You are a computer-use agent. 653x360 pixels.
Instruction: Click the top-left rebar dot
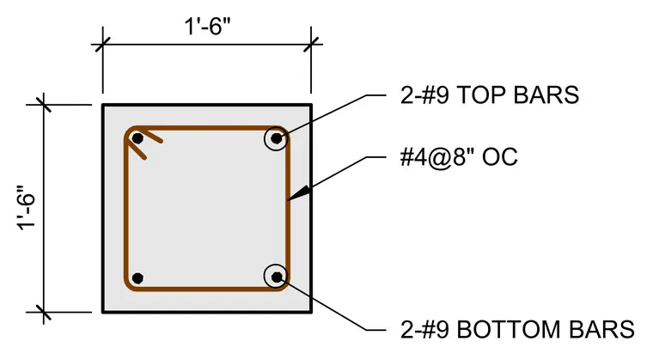[137, 138]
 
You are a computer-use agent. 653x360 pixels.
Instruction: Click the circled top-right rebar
[276, 138]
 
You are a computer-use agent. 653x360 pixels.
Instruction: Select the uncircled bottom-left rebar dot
[137, 278]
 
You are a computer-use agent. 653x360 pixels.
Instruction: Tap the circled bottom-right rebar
[276, 277]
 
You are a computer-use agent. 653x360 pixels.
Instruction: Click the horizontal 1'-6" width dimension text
[207, 27]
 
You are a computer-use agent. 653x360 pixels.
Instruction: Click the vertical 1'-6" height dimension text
[27, 208]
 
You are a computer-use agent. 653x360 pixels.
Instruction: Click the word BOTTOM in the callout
[510, 330]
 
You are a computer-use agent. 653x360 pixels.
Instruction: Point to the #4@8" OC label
[459, 157]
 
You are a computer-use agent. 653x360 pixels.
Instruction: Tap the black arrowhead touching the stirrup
[300, 193]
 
